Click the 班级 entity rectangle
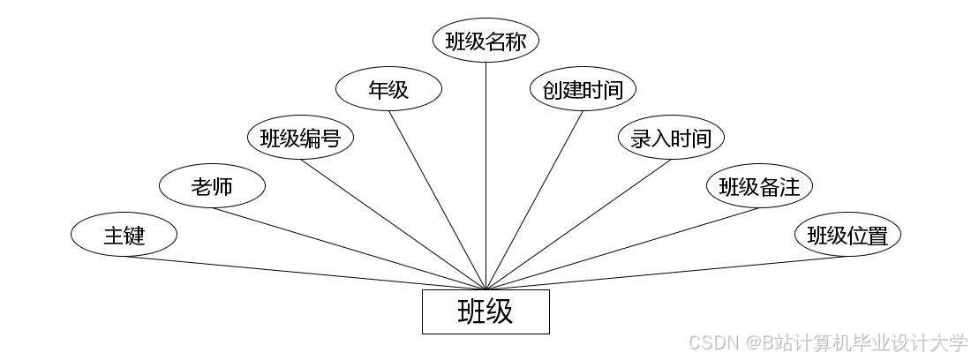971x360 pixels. click(x=485, y=311)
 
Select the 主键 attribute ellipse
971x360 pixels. click(x=124, y=236)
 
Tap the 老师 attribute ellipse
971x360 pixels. click(x=212, y=186)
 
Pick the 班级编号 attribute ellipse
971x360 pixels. click(x=300, y=138)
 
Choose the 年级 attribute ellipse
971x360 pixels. click(x=388, y=89)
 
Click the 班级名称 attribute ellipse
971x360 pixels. click(x=485, y=41)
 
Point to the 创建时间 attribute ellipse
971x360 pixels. click(x=583, y=89)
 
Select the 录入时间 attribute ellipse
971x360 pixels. click(x=671, y=138)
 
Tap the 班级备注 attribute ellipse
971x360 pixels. click(x=759, y=186)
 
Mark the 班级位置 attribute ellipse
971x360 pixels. click(x=847, y=236)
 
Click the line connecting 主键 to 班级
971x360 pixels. click(x=305, y=273)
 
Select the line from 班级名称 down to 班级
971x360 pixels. click(x=485, y=176)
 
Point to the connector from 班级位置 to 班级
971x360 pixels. click(x=666, y=273)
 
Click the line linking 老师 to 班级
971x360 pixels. click(x=349, y=249)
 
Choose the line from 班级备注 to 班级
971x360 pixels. click(x=622, y=249)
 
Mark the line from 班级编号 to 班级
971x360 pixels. click(x=393, y=224)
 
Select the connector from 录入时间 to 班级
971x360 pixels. click(x=578, y=224)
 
